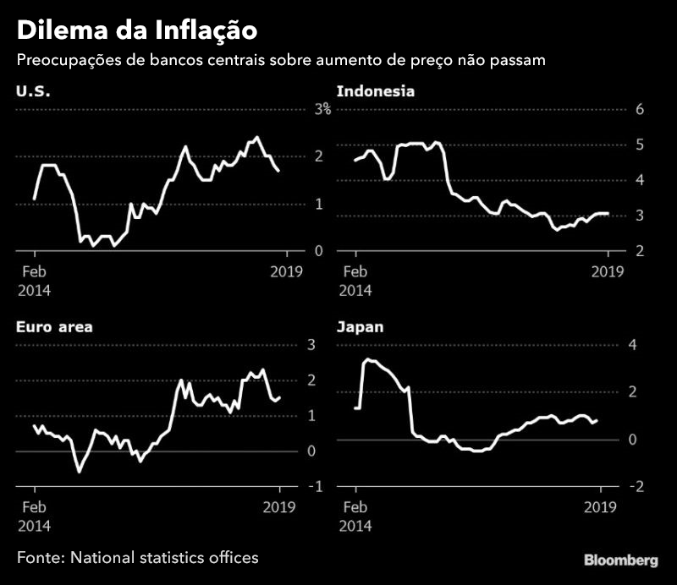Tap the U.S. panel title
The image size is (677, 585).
(x=33, y=90)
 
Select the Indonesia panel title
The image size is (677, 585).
(x=376, y=90)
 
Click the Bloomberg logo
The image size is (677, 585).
(x=620, y=560)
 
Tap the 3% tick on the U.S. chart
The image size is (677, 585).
(x=322, y=109)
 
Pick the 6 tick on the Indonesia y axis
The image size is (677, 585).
(x=641, y=109)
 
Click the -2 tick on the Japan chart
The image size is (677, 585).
(x=637, y=487)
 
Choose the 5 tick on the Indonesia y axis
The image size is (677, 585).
(x=641, y=145)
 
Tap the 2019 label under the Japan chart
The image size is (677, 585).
(x=600, y=507)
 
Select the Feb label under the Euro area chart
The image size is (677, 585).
(x=32, y=507)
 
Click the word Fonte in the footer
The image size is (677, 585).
(x=39, y=557)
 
